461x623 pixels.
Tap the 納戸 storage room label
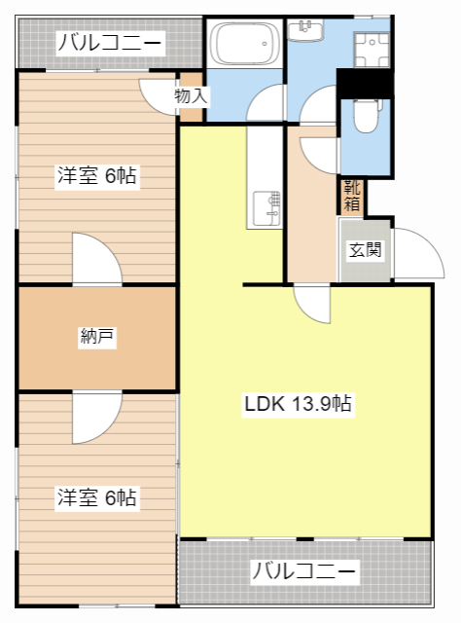[97, 338]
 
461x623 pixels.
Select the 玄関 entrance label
[365, 250]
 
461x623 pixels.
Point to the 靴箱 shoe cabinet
[352, 196]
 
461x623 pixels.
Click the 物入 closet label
[191, 96]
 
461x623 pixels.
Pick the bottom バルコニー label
[304, 571]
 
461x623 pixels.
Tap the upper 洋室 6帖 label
[95, 176]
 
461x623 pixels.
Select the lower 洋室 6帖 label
[95, 498]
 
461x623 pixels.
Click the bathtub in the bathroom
[243, 44]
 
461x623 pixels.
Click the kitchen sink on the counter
[266, 206]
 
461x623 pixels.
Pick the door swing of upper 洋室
[98, 260]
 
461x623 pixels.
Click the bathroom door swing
[266, 105]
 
